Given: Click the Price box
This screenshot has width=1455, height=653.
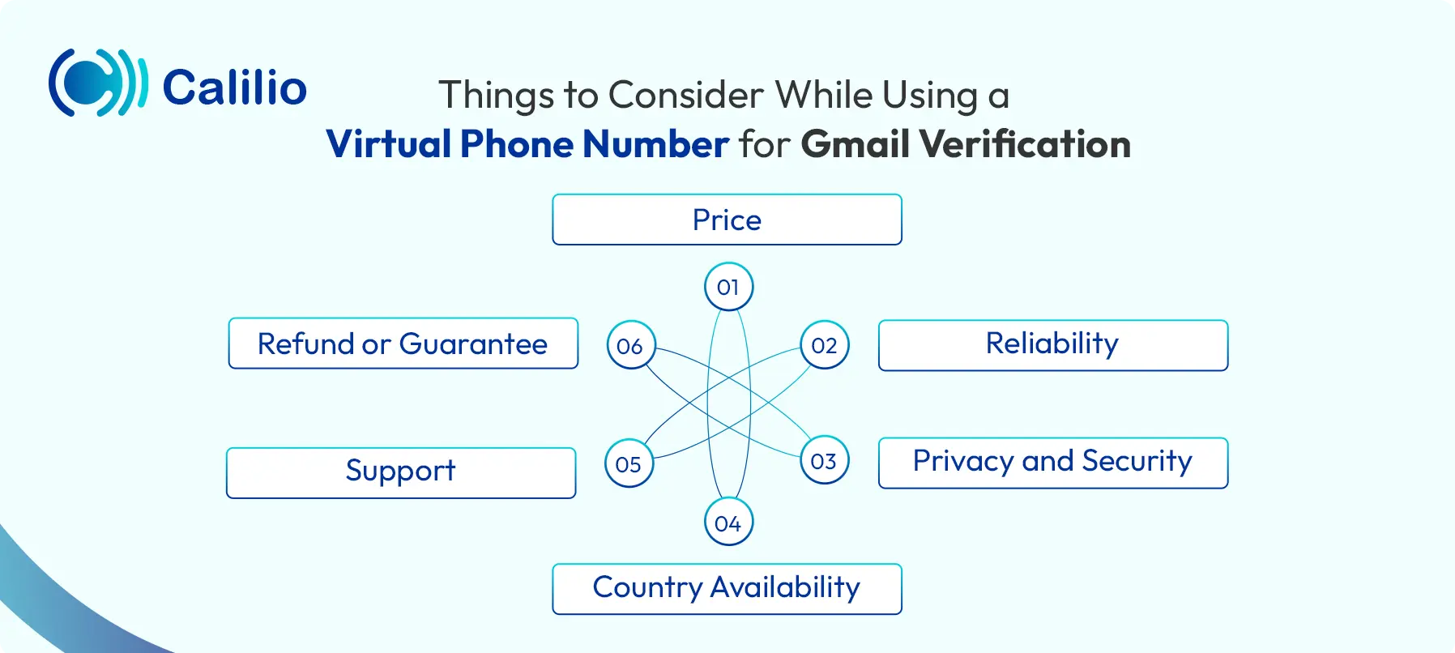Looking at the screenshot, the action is [x=727, y=220].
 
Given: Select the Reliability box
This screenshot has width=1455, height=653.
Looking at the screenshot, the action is [x=1053, y=345].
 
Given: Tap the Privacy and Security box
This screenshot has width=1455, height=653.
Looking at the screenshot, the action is [x=1053, y=463].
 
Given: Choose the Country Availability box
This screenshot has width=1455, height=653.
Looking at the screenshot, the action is [x=727, y=589].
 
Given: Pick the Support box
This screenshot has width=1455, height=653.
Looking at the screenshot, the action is [x=401, y=473].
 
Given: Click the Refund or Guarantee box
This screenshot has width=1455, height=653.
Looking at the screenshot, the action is [x=403, y=344].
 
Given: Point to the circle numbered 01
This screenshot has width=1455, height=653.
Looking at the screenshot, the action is [x=728, y=287].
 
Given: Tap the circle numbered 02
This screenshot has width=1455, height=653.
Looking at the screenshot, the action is [x=825, y=345].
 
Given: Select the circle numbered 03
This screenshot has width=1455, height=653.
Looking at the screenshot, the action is [x=825, y=461].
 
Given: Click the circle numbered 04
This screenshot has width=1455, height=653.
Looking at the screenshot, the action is [x=728, y=523].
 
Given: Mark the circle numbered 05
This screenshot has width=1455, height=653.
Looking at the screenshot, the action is [x=629, y=463].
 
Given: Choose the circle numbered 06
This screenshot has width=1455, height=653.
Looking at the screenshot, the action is [x=630, y=345].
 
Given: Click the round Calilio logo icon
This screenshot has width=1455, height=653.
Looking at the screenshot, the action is [x=98, y=82].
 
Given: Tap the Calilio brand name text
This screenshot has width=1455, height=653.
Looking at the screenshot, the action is [x=235, y=87].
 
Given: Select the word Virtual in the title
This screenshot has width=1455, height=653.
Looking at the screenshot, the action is [x=389, y=144].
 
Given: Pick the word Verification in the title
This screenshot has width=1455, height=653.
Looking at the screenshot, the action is [x=1025, y=144].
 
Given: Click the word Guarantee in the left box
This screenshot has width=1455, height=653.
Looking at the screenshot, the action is [x=474, y=344].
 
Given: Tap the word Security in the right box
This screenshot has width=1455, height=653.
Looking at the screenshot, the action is [x=1137, y=462].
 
